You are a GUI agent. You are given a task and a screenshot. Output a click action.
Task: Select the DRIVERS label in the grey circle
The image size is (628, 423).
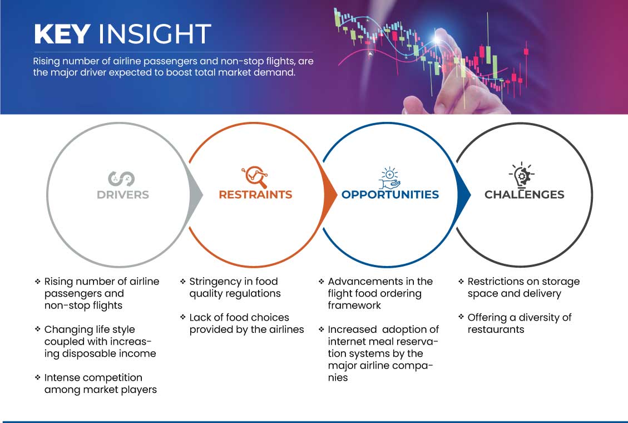123,195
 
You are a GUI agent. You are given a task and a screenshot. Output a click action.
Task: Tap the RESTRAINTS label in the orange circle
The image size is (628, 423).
255,195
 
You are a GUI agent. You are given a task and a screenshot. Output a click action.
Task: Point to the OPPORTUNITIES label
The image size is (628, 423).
390,195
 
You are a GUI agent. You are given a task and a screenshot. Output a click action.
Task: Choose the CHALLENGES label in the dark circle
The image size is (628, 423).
525,195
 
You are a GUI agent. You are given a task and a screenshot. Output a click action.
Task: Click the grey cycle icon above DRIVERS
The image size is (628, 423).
121,179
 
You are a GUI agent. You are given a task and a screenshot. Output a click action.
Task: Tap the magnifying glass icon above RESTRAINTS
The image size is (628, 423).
255,176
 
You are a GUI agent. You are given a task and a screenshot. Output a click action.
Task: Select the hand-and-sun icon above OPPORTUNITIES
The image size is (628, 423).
390,178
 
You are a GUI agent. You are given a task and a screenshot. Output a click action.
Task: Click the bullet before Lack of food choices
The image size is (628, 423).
182,317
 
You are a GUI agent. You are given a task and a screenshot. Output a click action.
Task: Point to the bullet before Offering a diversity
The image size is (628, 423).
461,317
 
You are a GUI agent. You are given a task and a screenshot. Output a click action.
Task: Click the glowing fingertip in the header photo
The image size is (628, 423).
437,39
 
